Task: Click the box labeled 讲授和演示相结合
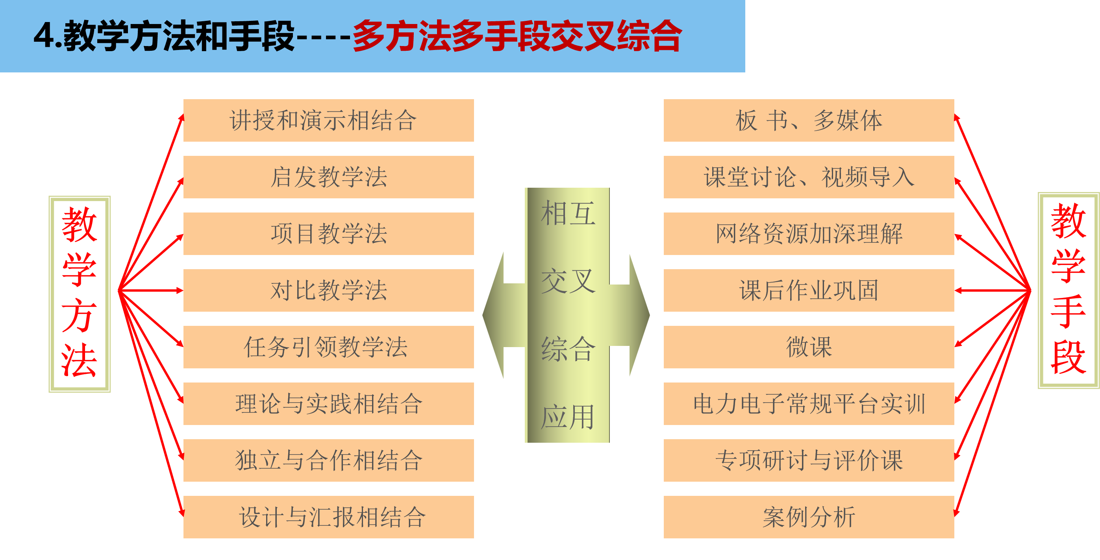coord(328,120)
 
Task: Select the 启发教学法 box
coord(328,177)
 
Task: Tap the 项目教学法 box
coord(328,234)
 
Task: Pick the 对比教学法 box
coord(328,290)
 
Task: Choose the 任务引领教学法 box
coord(328,347)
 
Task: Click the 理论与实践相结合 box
coord(328,404)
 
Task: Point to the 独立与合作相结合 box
coord(328,460)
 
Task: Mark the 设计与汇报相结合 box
coord(328,517)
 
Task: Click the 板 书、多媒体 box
coord(809,120)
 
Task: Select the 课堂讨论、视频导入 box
coord(809,177)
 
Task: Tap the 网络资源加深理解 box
coord(809,234)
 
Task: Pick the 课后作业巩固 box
coord(809,290)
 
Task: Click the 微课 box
coord(809,347)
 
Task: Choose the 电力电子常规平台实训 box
coord(809,404)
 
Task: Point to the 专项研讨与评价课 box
coord(809,460)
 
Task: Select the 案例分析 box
coord(809,517)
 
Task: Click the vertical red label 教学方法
coord(80,294)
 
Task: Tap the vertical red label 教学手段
coord(1069,290)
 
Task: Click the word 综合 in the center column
coord(568,349)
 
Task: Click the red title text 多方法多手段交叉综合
coord(517,36)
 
